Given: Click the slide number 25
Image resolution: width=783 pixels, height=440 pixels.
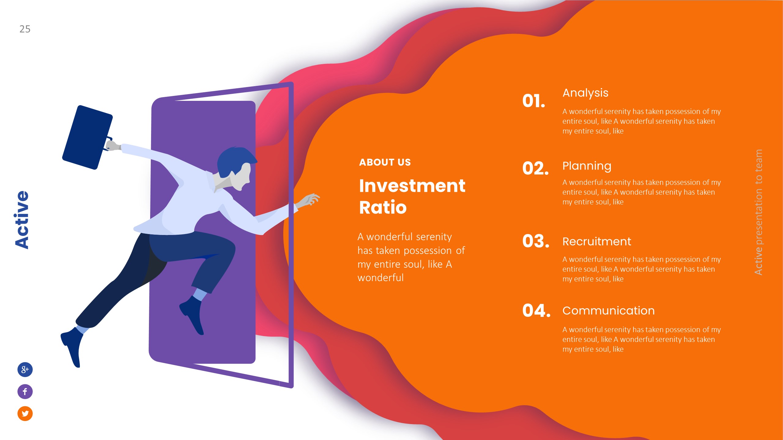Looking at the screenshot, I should pos(25,29).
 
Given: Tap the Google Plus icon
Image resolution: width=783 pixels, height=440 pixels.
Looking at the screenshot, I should pos(25,369).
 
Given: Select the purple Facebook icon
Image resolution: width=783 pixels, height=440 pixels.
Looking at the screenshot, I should pos(25,391).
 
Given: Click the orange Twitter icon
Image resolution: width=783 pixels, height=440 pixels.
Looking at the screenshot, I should pos(25,413).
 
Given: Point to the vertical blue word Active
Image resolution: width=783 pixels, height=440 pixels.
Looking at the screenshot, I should pos(22,219).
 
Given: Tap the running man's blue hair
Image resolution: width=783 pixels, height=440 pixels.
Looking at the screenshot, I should pos(234,159).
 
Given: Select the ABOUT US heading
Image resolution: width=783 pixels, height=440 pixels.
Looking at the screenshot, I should pos(385,162).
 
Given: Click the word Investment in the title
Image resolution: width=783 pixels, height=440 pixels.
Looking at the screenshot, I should pos(412,186).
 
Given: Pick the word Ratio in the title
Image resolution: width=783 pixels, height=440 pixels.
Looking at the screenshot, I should pos(383,208).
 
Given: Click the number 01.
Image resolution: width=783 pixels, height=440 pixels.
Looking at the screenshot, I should pos(533,101).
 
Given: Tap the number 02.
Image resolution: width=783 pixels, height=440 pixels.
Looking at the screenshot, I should pos(535,168).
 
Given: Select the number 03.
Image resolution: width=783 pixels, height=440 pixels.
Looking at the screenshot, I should pos(536,241).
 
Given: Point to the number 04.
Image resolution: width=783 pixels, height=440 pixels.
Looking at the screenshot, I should pos(536,311).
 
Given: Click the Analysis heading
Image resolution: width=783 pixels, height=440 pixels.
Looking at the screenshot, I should pos(585,93).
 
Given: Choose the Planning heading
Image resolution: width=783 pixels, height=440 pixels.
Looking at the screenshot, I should pos(587,166).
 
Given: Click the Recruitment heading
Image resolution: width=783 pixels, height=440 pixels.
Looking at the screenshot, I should pos(596,242).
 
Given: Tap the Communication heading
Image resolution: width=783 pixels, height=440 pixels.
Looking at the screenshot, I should pos(608,311).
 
